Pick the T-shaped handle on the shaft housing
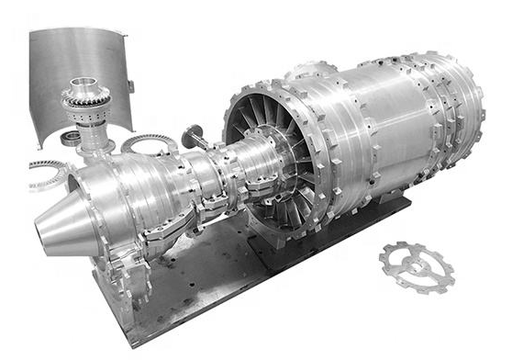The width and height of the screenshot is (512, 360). (195, 137)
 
